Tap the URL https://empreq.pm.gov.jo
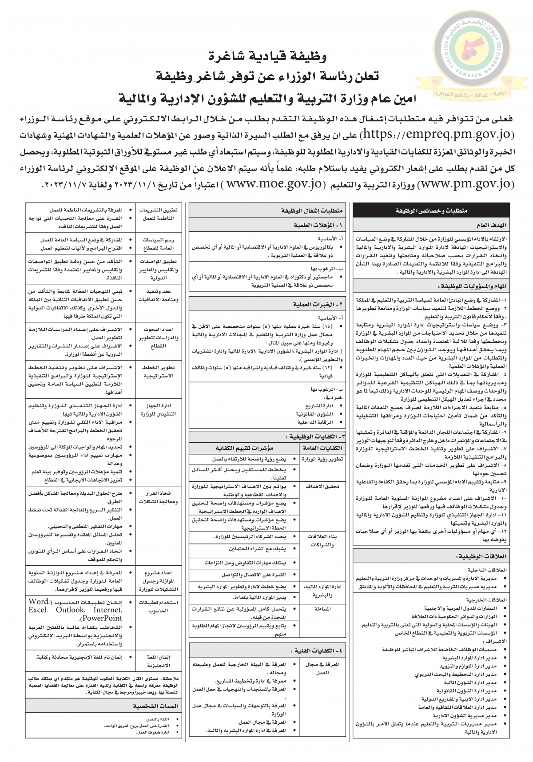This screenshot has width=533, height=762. (437, 134)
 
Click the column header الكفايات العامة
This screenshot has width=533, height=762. (322, 448)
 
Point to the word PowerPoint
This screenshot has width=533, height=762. (102, 618)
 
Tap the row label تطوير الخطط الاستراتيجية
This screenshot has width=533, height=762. (158, 372)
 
